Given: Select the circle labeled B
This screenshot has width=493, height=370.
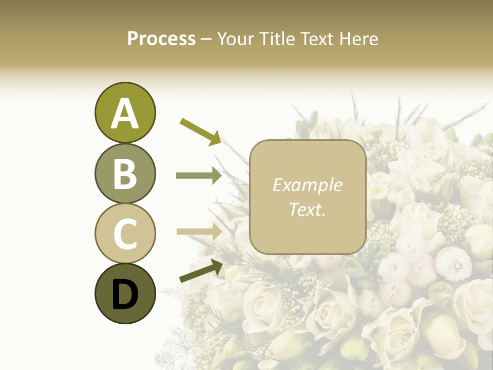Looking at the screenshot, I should [125, 174].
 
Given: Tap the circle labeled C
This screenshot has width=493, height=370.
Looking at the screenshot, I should [125, 234].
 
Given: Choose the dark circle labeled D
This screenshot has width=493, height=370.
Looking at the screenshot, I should [125, 294].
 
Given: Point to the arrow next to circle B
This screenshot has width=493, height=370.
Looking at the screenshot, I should [199, 175].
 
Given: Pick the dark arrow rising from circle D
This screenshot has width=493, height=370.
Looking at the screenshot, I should [201, 271].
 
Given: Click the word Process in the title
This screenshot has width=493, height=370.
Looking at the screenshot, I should [161, 39].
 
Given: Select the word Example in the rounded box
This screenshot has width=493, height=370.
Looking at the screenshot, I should [307, 185].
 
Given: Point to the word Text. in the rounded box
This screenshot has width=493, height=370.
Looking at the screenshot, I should [307, 209].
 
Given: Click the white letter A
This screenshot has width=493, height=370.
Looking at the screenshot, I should [125, 114].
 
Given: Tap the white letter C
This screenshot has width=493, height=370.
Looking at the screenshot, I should [125, 234].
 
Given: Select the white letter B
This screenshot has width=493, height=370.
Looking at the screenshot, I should [125, 174].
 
